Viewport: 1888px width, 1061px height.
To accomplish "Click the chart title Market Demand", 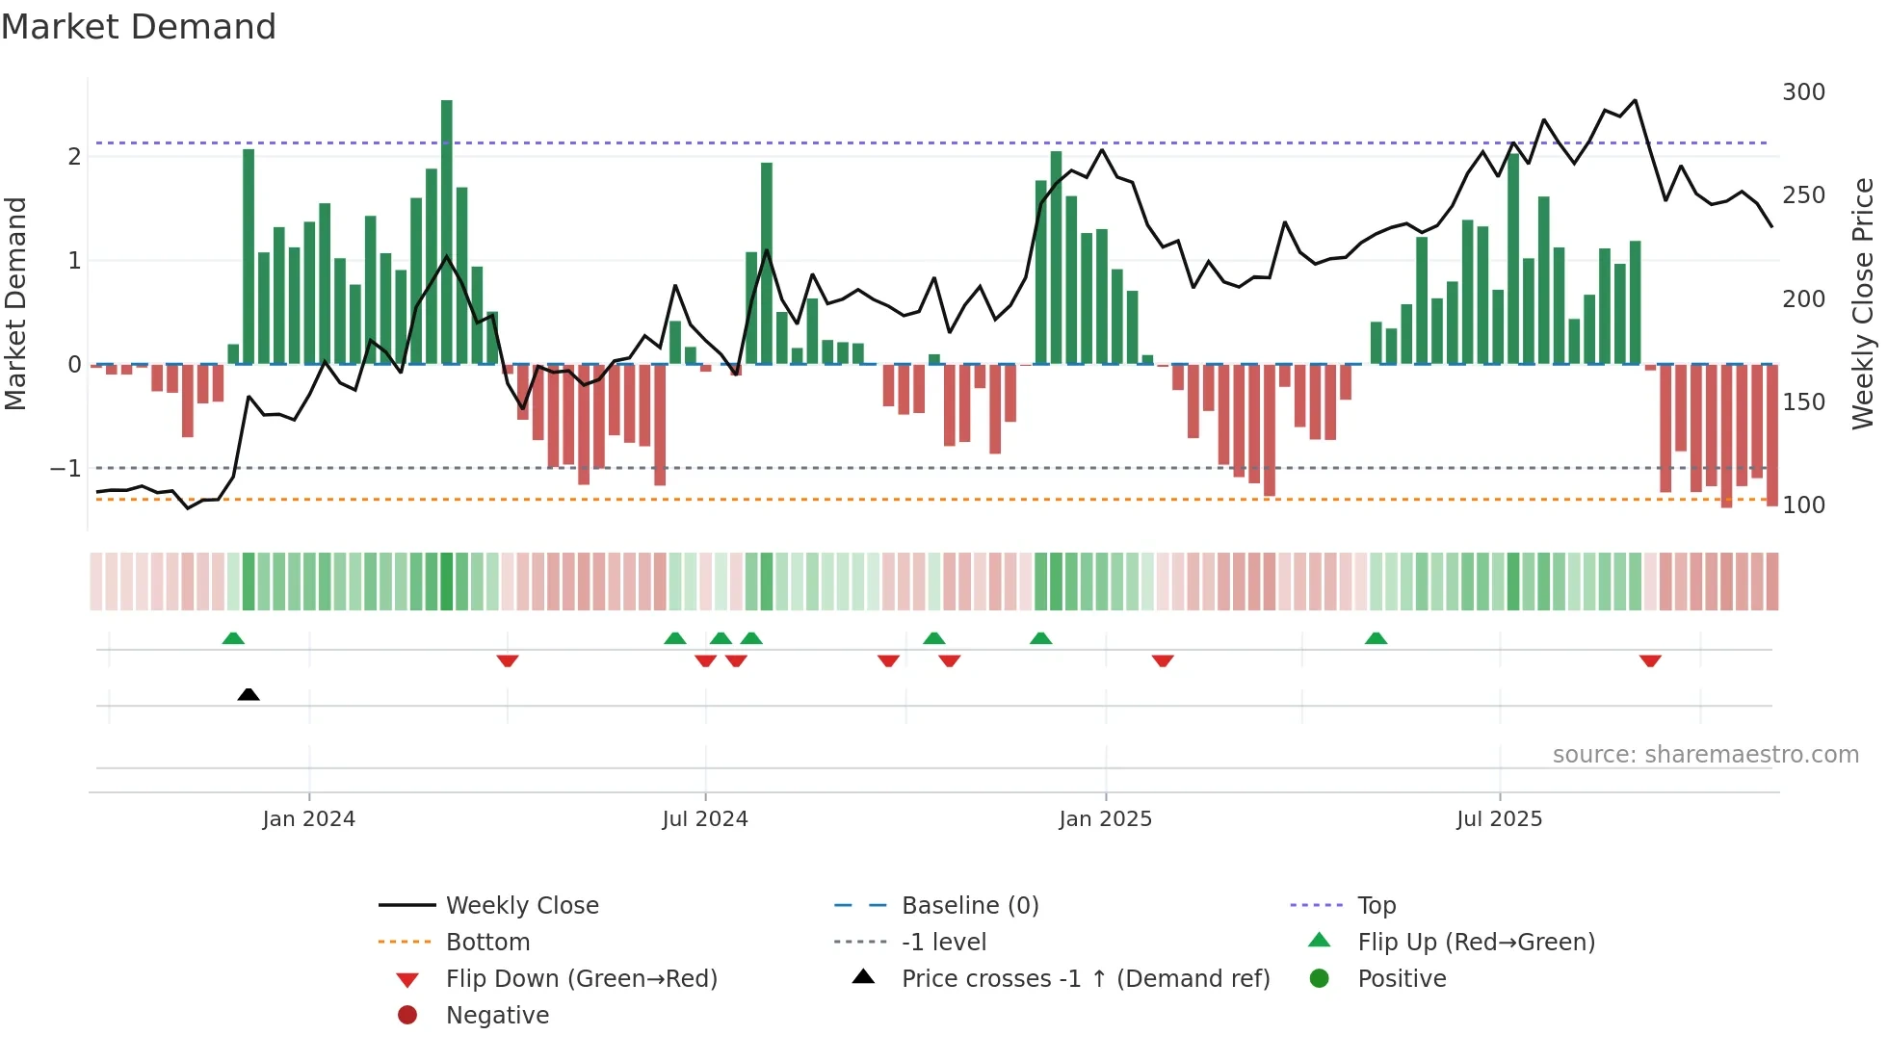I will (139, 27).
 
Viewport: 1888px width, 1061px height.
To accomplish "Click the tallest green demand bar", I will (446, 231).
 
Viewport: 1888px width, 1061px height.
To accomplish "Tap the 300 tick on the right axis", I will (1803, 92).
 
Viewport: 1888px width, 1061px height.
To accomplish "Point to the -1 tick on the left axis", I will (66, 469).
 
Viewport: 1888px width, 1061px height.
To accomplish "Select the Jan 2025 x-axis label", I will (1105, 819).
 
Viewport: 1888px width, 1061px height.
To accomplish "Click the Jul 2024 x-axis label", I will (704, 819).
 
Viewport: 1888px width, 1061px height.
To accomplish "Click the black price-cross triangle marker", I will (249, 694).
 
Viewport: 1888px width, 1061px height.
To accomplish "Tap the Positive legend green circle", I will (1320, 979).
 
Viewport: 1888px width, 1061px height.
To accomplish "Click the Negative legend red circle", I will (407, 1016).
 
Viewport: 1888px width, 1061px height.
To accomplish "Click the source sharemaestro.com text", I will (1705, 755).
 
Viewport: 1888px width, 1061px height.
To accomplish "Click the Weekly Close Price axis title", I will (1863, 303).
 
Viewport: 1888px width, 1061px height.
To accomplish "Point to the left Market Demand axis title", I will (15, 303).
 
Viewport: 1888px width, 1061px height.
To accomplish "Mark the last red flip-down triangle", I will (1650, 661).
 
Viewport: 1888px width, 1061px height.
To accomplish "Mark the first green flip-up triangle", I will (233, 638).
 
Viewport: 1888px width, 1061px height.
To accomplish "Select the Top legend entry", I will (1376, 906).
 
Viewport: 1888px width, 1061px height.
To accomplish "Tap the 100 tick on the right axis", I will (1803, 505).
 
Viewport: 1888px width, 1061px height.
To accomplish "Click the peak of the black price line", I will (1635, 100).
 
